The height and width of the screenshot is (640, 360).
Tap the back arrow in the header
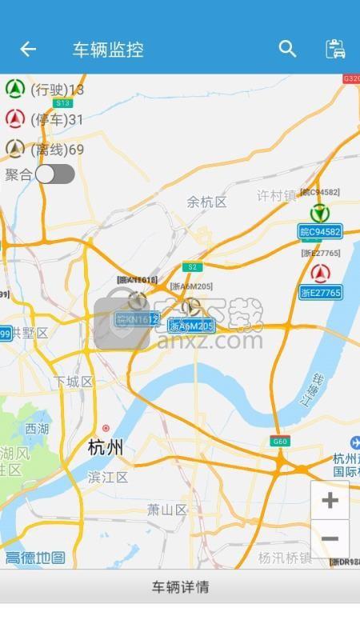tap(28, 50)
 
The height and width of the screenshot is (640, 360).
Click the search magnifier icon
tap(287, 49)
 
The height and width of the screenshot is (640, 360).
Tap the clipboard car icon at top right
tap(335, 49)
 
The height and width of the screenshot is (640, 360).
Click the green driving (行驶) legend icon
tap(14, 89)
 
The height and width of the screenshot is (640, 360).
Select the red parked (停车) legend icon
tap(14, 119)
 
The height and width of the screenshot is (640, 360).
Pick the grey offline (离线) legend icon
tap(14, 149)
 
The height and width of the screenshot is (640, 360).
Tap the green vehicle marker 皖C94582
tap(320, 214)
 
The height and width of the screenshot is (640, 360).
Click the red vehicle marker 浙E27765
tap(320, 274)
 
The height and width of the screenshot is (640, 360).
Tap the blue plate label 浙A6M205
tap(191, 326)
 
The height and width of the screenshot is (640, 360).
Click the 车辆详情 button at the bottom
tap(180, 586)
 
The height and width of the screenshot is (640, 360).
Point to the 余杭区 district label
tap(207, 202)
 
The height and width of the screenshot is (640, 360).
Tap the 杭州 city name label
tap(106, 448)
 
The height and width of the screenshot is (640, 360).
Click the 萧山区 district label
tap(167, 510)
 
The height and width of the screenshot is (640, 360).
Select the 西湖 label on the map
tap(37, 429)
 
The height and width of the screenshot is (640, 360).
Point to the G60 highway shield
tap(279, 442)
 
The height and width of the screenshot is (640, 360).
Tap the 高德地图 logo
tap(35, 558)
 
